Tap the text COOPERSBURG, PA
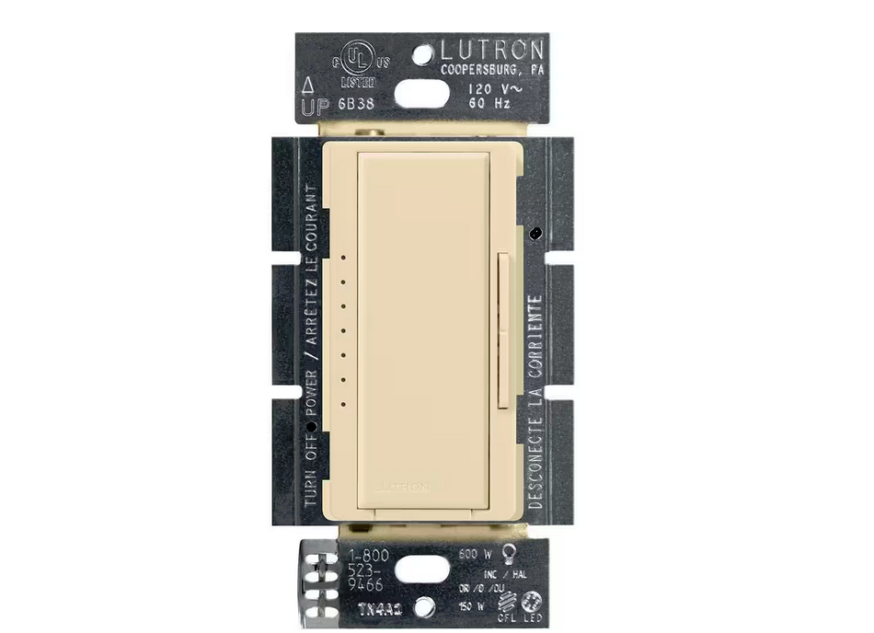493,71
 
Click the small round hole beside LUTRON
422,55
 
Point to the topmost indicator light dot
342,259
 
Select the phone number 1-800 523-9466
365,570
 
